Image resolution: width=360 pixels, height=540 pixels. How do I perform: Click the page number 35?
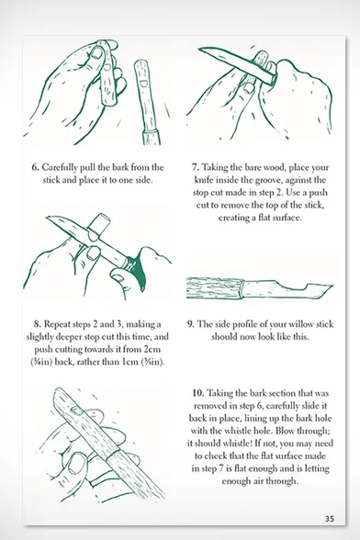(330, 518)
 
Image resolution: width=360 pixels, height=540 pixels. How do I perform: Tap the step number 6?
(35, 168)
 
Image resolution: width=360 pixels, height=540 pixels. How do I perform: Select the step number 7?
(196, 168)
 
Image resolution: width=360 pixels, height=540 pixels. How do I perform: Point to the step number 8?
(38, 324)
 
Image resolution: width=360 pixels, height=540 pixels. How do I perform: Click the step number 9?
(191, 324)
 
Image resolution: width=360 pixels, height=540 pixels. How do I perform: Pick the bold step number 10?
(198, 393)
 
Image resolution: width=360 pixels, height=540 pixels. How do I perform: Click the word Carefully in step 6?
(60, 168)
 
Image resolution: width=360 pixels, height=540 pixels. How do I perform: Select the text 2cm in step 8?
(152, 350)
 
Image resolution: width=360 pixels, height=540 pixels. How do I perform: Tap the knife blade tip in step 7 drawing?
(199, 49)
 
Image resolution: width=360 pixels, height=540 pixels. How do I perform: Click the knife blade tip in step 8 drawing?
(47, 218)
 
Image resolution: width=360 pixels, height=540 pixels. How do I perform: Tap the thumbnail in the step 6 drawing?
(97, 53)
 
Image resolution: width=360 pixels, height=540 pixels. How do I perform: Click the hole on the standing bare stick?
(143, 83)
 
